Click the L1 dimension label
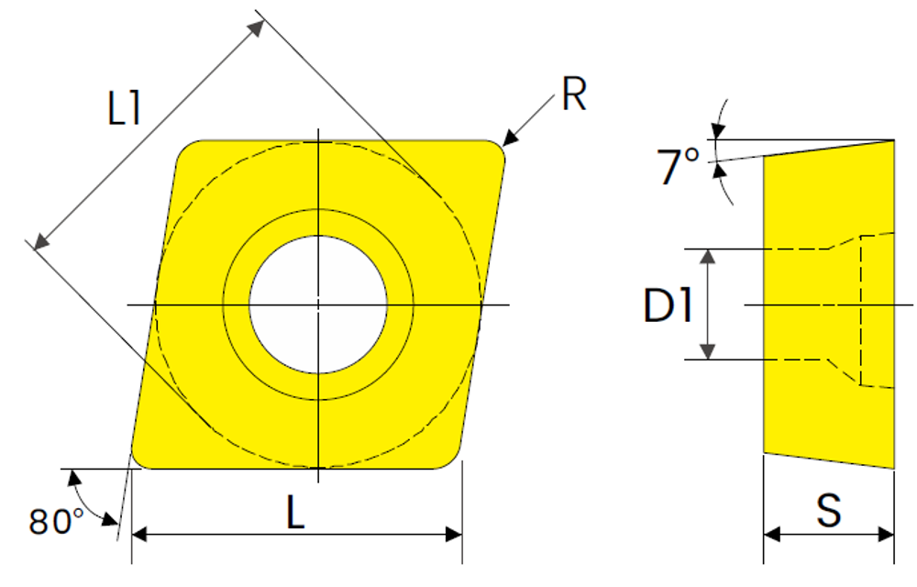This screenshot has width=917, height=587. pyautogui.click(x=124, y=109)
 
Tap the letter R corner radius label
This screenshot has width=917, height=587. pyautogui.click(x=574, y=94)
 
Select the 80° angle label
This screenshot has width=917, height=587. pyautogui.click(x=57, y=521)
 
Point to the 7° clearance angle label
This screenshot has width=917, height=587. pyautogui.click(x=678, y=166)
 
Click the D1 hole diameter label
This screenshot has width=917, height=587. pyautogui.click(x=668, y=305)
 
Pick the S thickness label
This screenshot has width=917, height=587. pyautogui.click(x=829, y=510)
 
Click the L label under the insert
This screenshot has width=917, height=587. pyautogui.click(x=296, y=512)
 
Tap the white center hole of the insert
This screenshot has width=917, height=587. pyautogui.click(x=318, y=304)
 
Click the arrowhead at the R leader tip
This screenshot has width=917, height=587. pyautogui.click(x=510, y=138)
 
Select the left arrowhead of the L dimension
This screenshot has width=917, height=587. pyautogui.click(x=139, y=534)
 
